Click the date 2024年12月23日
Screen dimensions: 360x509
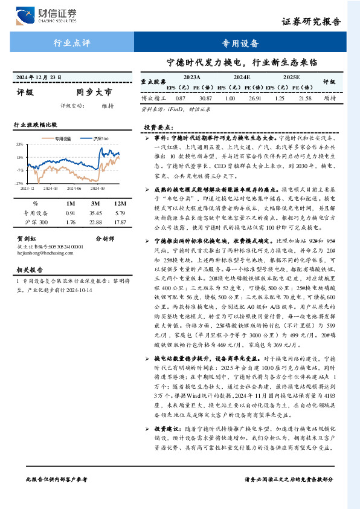tap(39, 78)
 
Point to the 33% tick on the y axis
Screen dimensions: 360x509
tap(20, 144)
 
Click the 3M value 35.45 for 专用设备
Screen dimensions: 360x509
tap(95, 213)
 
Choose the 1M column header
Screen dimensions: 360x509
tap(70, 204)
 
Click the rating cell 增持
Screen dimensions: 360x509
tap(330, 97)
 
